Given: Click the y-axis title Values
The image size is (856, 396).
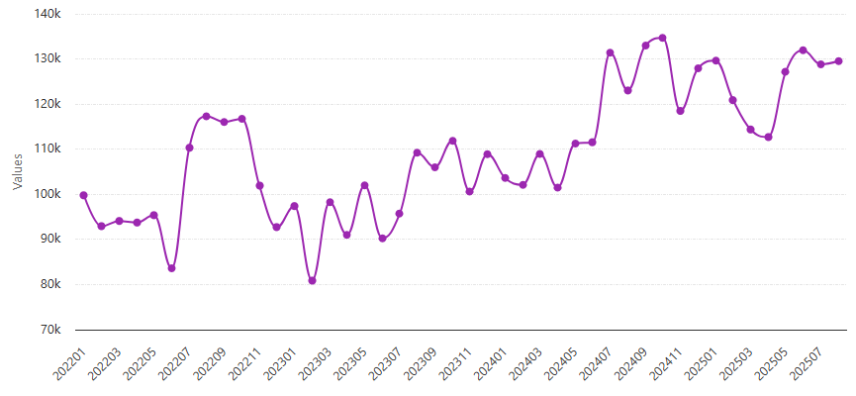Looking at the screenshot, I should click(17, 171).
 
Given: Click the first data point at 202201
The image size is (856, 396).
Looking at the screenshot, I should click(84, 195).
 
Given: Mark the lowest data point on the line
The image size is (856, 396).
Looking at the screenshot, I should click(312, 281).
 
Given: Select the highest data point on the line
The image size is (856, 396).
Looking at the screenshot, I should click(663, 38).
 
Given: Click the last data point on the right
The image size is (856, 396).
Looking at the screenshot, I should click(838, 61).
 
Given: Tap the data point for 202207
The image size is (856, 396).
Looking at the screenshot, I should click(189, 148).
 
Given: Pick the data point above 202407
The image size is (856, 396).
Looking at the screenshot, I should click(611, 52).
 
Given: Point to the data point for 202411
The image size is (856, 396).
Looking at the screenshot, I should click(681, 111).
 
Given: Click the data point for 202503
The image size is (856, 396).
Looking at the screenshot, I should click(751, 130).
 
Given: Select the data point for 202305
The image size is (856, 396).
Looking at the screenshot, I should click(364, 185).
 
